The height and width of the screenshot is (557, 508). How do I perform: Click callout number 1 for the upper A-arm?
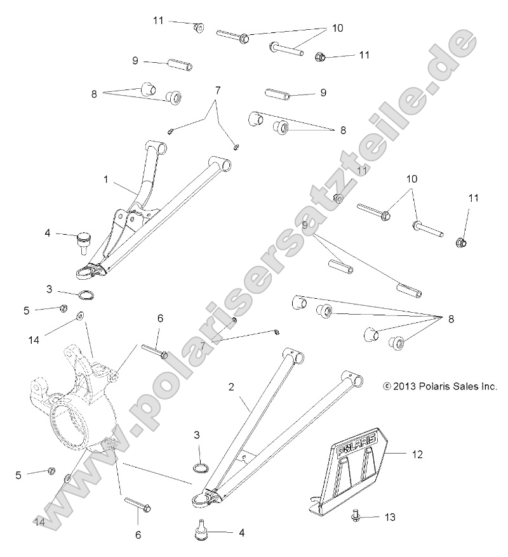pyautogui.click(x=106, y=180)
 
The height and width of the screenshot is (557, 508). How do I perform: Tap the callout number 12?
pyautogui.click(x=417, y=454)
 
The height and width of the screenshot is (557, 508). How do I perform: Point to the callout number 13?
pyautogui.click(x=389, y=518)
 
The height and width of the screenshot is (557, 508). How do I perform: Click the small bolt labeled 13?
pyautogui.click(x=356, y=517)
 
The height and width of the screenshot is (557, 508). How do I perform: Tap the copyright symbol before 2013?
pyautogui.click(x=387, y=386)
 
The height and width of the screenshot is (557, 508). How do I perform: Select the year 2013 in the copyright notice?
pyautogui.click(x=404, y=386)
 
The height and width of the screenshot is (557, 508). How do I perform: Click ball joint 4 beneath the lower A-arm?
pyautogui.click(x=202, y=529)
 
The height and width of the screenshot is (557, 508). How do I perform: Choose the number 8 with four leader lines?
pyautogui.click(x=451, y=319)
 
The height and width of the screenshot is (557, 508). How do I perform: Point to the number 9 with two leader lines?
pyautogui.click(x=305, y=225)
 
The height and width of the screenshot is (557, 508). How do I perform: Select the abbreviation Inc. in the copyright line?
pyautogui.click(x=488, y=386)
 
